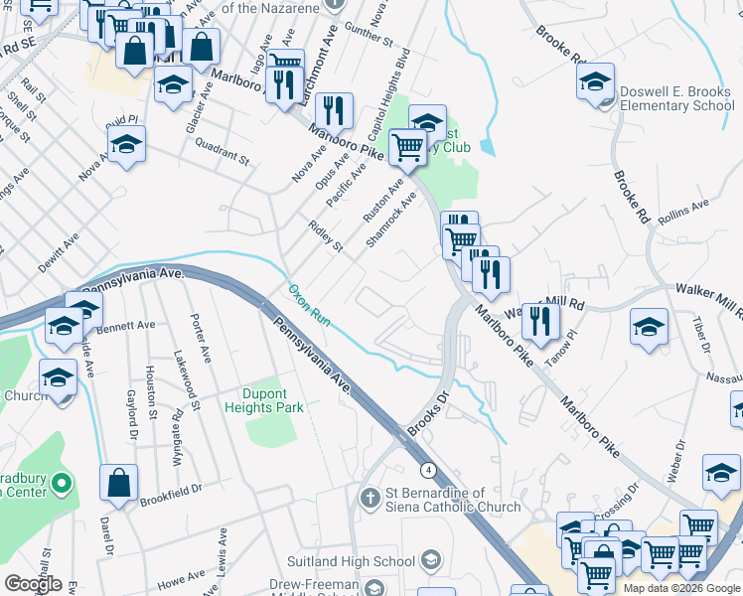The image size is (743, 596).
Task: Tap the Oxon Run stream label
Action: [x=309, y=305]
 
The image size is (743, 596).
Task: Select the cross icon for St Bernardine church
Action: [x=370, y=496]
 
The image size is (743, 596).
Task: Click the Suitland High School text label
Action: [x=351, y=562]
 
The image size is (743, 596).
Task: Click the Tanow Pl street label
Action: [x=574, y=349]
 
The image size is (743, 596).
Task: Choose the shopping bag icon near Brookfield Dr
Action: [x=118, y=483]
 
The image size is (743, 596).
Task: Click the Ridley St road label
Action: [x=326, y=236]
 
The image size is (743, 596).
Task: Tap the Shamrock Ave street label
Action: [x=391, y=220]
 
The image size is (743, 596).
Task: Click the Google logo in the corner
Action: [x=33, y=584]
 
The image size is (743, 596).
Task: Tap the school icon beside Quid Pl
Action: [x=127, y=146]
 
